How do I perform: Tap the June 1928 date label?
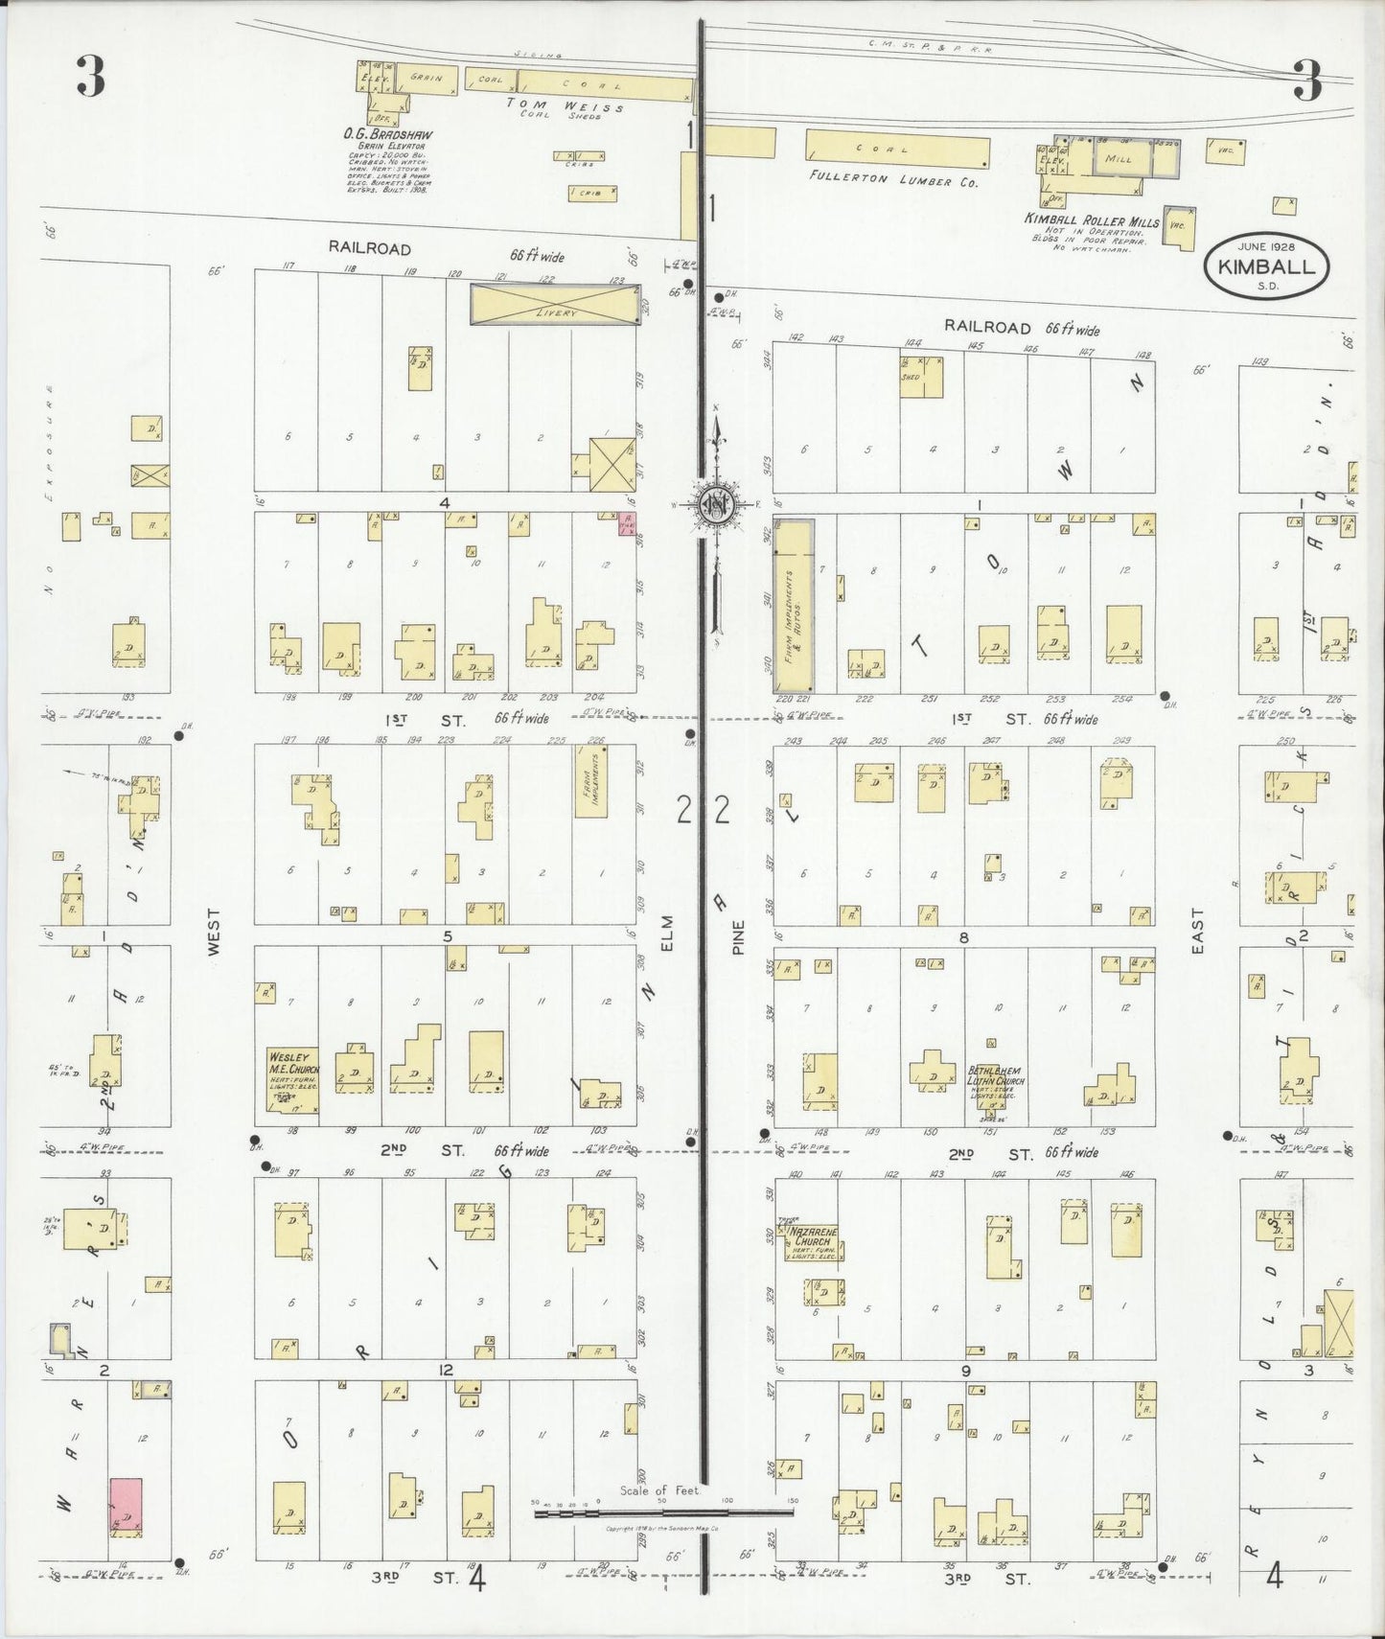1266,247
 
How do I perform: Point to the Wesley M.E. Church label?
292,1063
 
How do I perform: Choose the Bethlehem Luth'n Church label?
995,1075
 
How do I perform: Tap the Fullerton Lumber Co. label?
893,179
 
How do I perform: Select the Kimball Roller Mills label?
1092,219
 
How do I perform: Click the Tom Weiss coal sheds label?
566,108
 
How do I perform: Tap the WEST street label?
213,932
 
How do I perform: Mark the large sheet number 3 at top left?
90,79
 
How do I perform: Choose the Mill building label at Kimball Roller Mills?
1119,158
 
